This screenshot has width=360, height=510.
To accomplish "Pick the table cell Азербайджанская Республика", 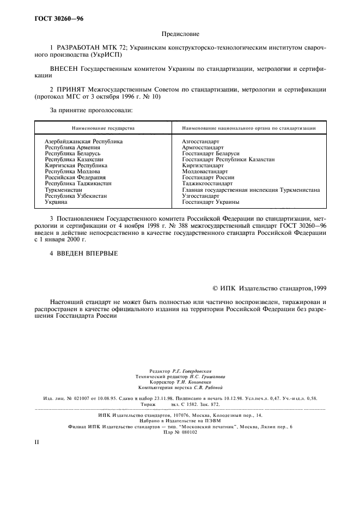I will [x=84, y=141].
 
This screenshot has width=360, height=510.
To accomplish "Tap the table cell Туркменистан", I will [x=64, y=190].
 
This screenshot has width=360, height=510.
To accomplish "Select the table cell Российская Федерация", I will [x=75, y=177].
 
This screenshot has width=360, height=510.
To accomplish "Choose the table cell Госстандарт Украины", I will [x=210, y=202].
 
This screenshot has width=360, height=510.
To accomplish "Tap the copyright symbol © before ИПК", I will [x=216, y=288].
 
